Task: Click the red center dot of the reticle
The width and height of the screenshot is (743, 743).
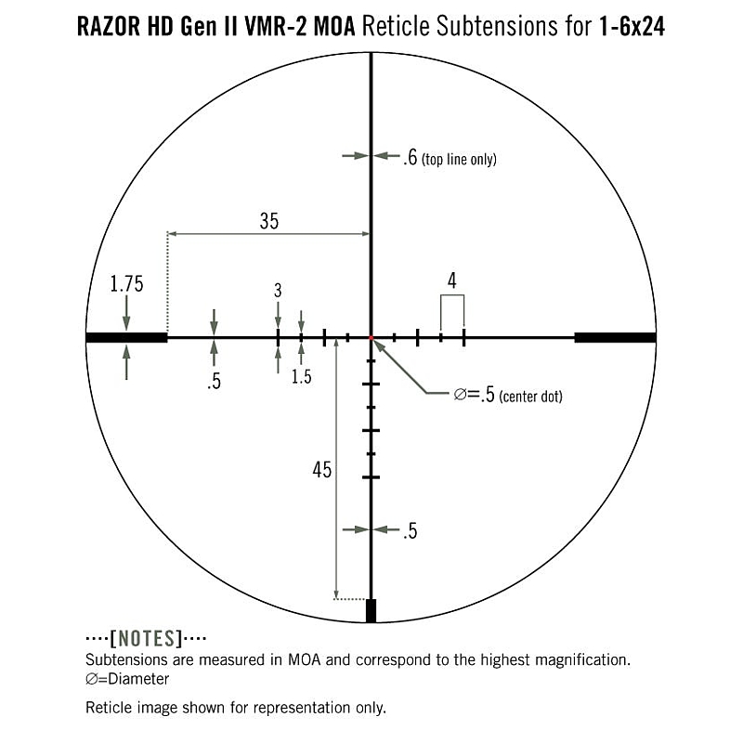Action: (x=371, y=337)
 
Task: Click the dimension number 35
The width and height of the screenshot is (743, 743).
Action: (x=268, y=221)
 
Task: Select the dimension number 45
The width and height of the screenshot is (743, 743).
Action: (x=321, y=470)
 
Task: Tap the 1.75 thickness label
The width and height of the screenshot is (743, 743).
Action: (x=126, y=285)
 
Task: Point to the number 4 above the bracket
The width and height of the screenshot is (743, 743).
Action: (x=451, y=279)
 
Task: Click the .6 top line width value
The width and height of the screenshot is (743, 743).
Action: (x=410, y=159)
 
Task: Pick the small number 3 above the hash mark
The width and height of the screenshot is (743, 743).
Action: (x=278, y=291)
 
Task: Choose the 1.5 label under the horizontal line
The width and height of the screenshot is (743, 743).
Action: (x=301, y=376)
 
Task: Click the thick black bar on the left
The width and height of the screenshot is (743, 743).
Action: (x=126, y=337)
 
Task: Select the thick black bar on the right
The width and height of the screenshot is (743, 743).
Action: (x=615, y=337)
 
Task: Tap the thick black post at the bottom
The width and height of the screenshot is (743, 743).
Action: (x=371, y=610)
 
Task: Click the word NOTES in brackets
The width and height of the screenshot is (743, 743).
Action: (x=146, y=639)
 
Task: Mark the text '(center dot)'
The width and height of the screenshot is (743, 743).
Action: (x=530, y=397)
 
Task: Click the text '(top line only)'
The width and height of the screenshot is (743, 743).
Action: (x=459, y=160)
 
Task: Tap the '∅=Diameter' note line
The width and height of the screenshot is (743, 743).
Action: (x=127, y=679)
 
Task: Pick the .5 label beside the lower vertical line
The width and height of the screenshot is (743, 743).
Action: (x=410, y=531)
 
